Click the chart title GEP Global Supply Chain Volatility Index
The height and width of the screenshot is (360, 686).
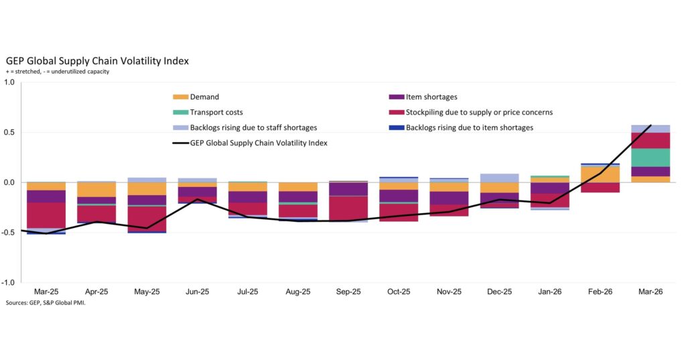tap(97, 61)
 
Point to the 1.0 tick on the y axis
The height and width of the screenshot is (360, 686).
tap(10, 82)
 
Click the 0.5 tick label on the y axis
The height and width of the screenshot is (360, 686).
tap(10, 133)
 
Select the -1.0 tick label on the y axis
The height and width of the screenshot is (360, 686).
tap(9, 283)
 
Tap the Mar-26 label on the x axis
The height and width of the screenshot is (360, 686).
tap(650, 293)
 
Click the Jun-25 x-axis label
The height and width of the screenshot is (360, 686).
tap(197, 293)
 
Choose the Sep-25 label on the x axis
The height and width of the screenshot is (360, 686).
tap(348, 293)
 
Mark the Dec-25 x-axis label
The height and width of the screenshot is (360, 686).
tap(499, 293)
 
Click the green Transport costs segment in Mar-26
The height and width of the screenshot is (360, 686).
tap(650, 158)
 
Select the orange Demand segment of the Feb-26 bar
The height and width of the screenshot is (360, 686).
tap(600, 174)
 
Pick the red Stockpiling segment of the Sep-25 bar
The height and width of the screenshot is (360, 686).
tap(348, 208)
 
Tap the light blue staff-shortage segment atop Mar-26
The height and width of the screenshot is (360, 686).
tap(650, 129)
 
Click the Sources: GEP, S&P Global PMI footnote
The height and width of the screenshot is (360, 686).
tap(46, 303)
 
